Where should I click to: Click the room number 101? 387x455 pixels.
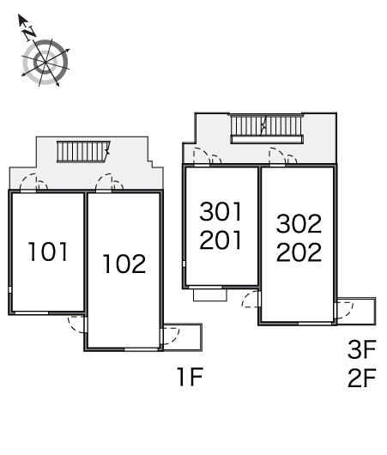48,252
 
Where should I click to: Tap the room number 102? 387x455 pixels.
124,264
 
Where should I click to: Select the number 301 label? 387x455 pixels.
221,211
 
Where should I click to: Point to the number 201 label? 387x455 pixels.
221,240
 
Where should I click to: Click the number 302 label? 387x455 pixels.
299,224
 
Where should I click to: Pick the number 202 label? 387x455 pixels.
299,252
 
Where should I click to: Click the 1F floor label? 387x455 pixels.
190,376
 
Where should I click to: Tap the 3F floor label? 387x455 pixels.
362,349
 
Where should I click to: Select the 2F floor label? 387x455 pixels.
362,378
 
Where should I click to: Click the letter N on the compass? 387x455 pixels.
30,32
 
